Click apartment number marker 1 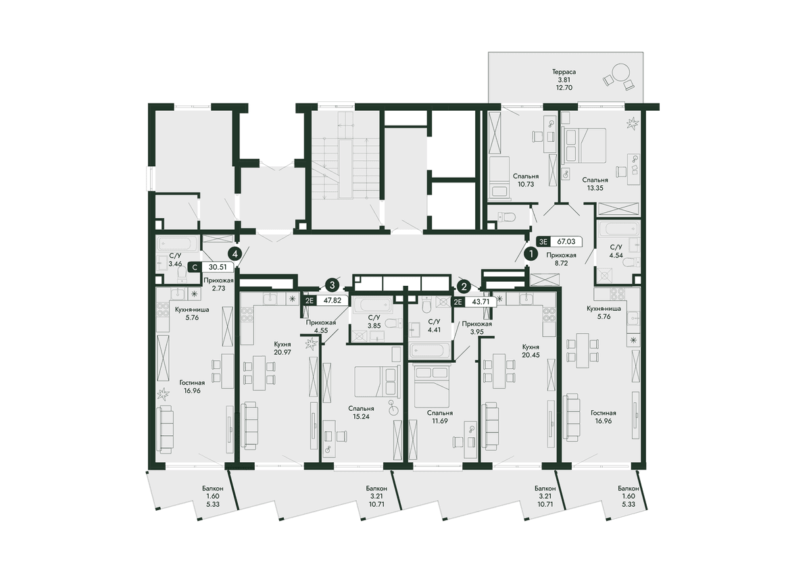pyautogui.click(x=531, y=254)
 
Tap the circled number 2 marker pyautogui.click(x=464, y=286)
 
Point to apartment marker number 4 pyautogui.click(x=235, y=254)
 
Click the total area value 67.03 pyautogui.click(x=566, y=241)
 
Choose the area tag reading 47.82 pyautogui.click(x=333, y=301)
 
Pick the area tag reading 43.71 pyautogui.click(x=481, y=301)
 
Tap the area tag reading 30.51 pyautogui.click(x=218, y=267)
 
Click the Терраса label pyautogui.click(x=564, y=72)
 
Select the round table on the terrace pyautogui.click(x=621, y=73)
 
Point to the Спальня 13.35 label pyautogui.click(x=595, y=184)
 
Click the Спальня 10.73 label pyautogui.click(x=526, y=180)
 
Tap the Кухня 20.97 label pyautogui.click(x=282, y=348)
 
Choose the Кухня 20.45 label pyautogui.click(x=531, y=351)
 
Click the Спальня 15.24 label pyautogui.click(x=362, y=412)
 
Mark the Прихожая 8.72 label pyautogui.click(x=561, y=259)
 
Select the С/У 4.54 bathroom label pyautogui.click(x=616, y=251)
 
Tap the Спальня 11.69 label pyautogui.click(x=439, y=417)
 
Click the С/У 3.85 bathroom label pyautogui.click(x=374, y=322)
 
